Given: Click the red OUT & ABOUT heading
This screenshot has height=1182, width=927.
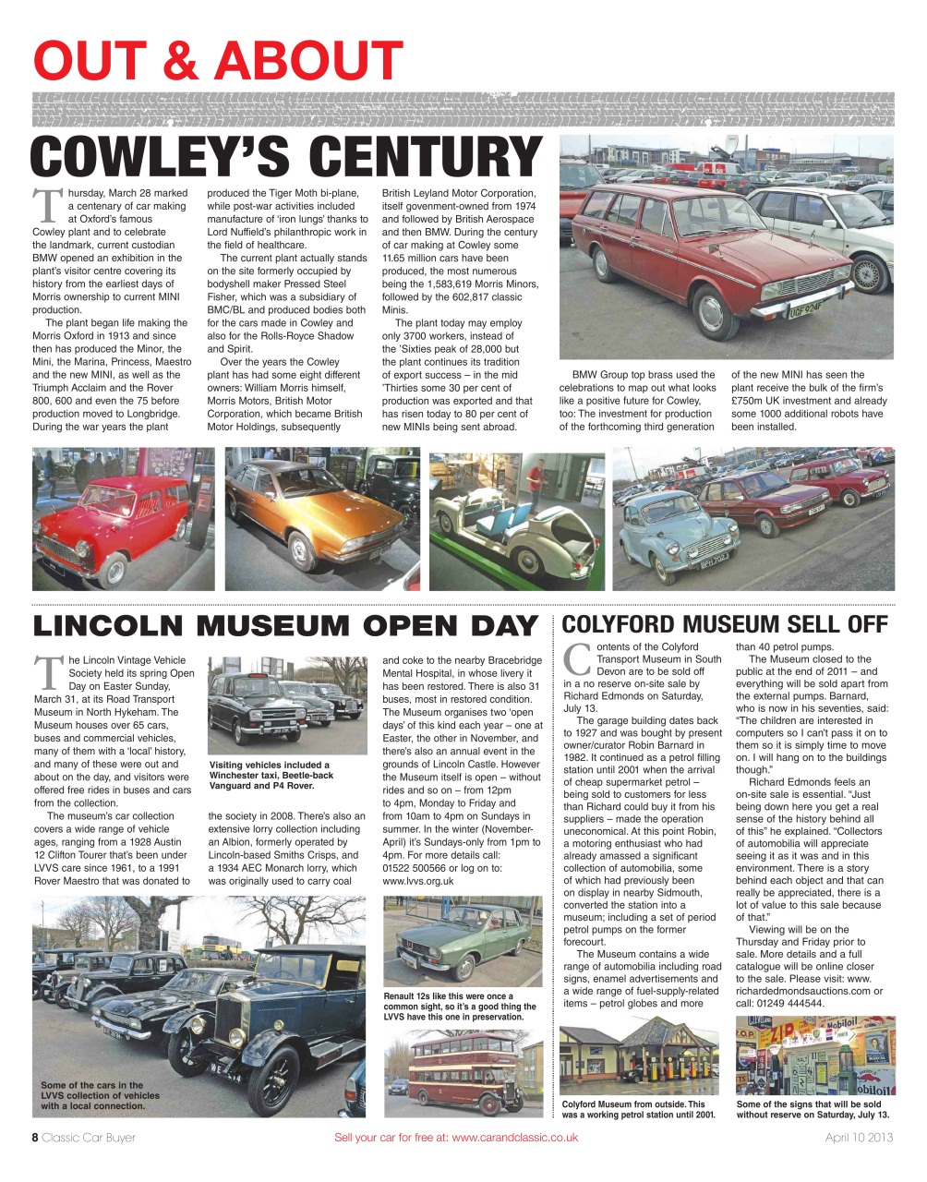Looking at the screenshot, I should (x=218, y=61).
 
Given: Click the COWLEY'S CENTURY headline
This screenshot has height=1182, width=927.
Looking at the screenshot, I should (x=286, y=157).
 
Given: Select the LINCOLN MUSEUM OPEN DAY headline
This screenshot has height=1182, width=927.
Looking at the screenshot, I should (x=285, y=625).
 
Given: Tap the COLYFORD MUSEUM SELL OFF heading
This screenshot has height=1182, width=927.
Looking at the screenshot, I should (x=725, y=624).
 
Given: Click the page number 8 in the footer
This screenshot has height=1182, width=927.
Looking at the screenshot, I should (x=36, y=1138).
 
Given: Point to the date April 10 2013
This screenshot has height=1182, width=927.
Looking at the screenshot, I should (x=859, y=1138).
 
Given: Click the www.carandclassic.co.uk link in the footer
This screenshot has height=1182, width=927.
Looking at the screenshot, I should (x=514, y=1138).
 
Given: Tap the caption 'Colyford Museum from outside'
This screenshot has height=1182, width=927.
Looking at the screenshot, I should (x=638, y=1109).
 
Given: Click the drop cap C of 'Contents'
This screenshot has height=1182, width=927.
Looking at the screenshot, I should (x=576, y=658).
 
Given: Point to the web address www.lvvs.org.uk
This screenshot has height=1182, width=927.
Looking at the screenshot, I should (x=418, y=881).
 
